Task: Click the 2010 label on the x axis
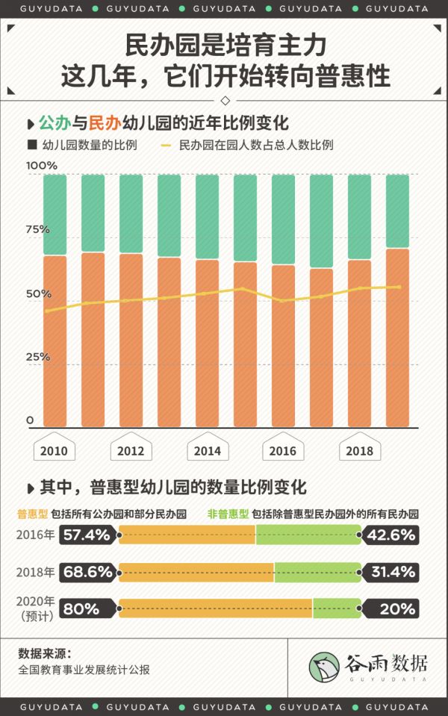pos(54,451)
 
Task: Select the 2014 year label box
pos(207,451)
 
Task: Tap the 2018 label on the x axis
pos(360,451)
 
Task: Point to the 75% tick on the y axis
pos(37,229)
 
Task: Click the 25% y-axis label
pos(37,356)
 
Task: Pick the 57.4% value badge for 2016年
pos(87,535)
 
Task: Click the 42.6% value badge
pos(391,535)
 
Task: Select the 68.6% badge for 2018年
pos(87,572)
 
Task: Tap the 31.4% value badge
pos(391,572)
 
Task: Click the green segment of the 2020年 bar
pos(337,608)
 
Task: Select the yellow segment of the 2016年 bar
pos(187,535)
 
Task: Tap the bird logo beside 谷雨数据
pos(326,667)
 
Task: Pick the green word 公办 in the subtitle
pos(55,123)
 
